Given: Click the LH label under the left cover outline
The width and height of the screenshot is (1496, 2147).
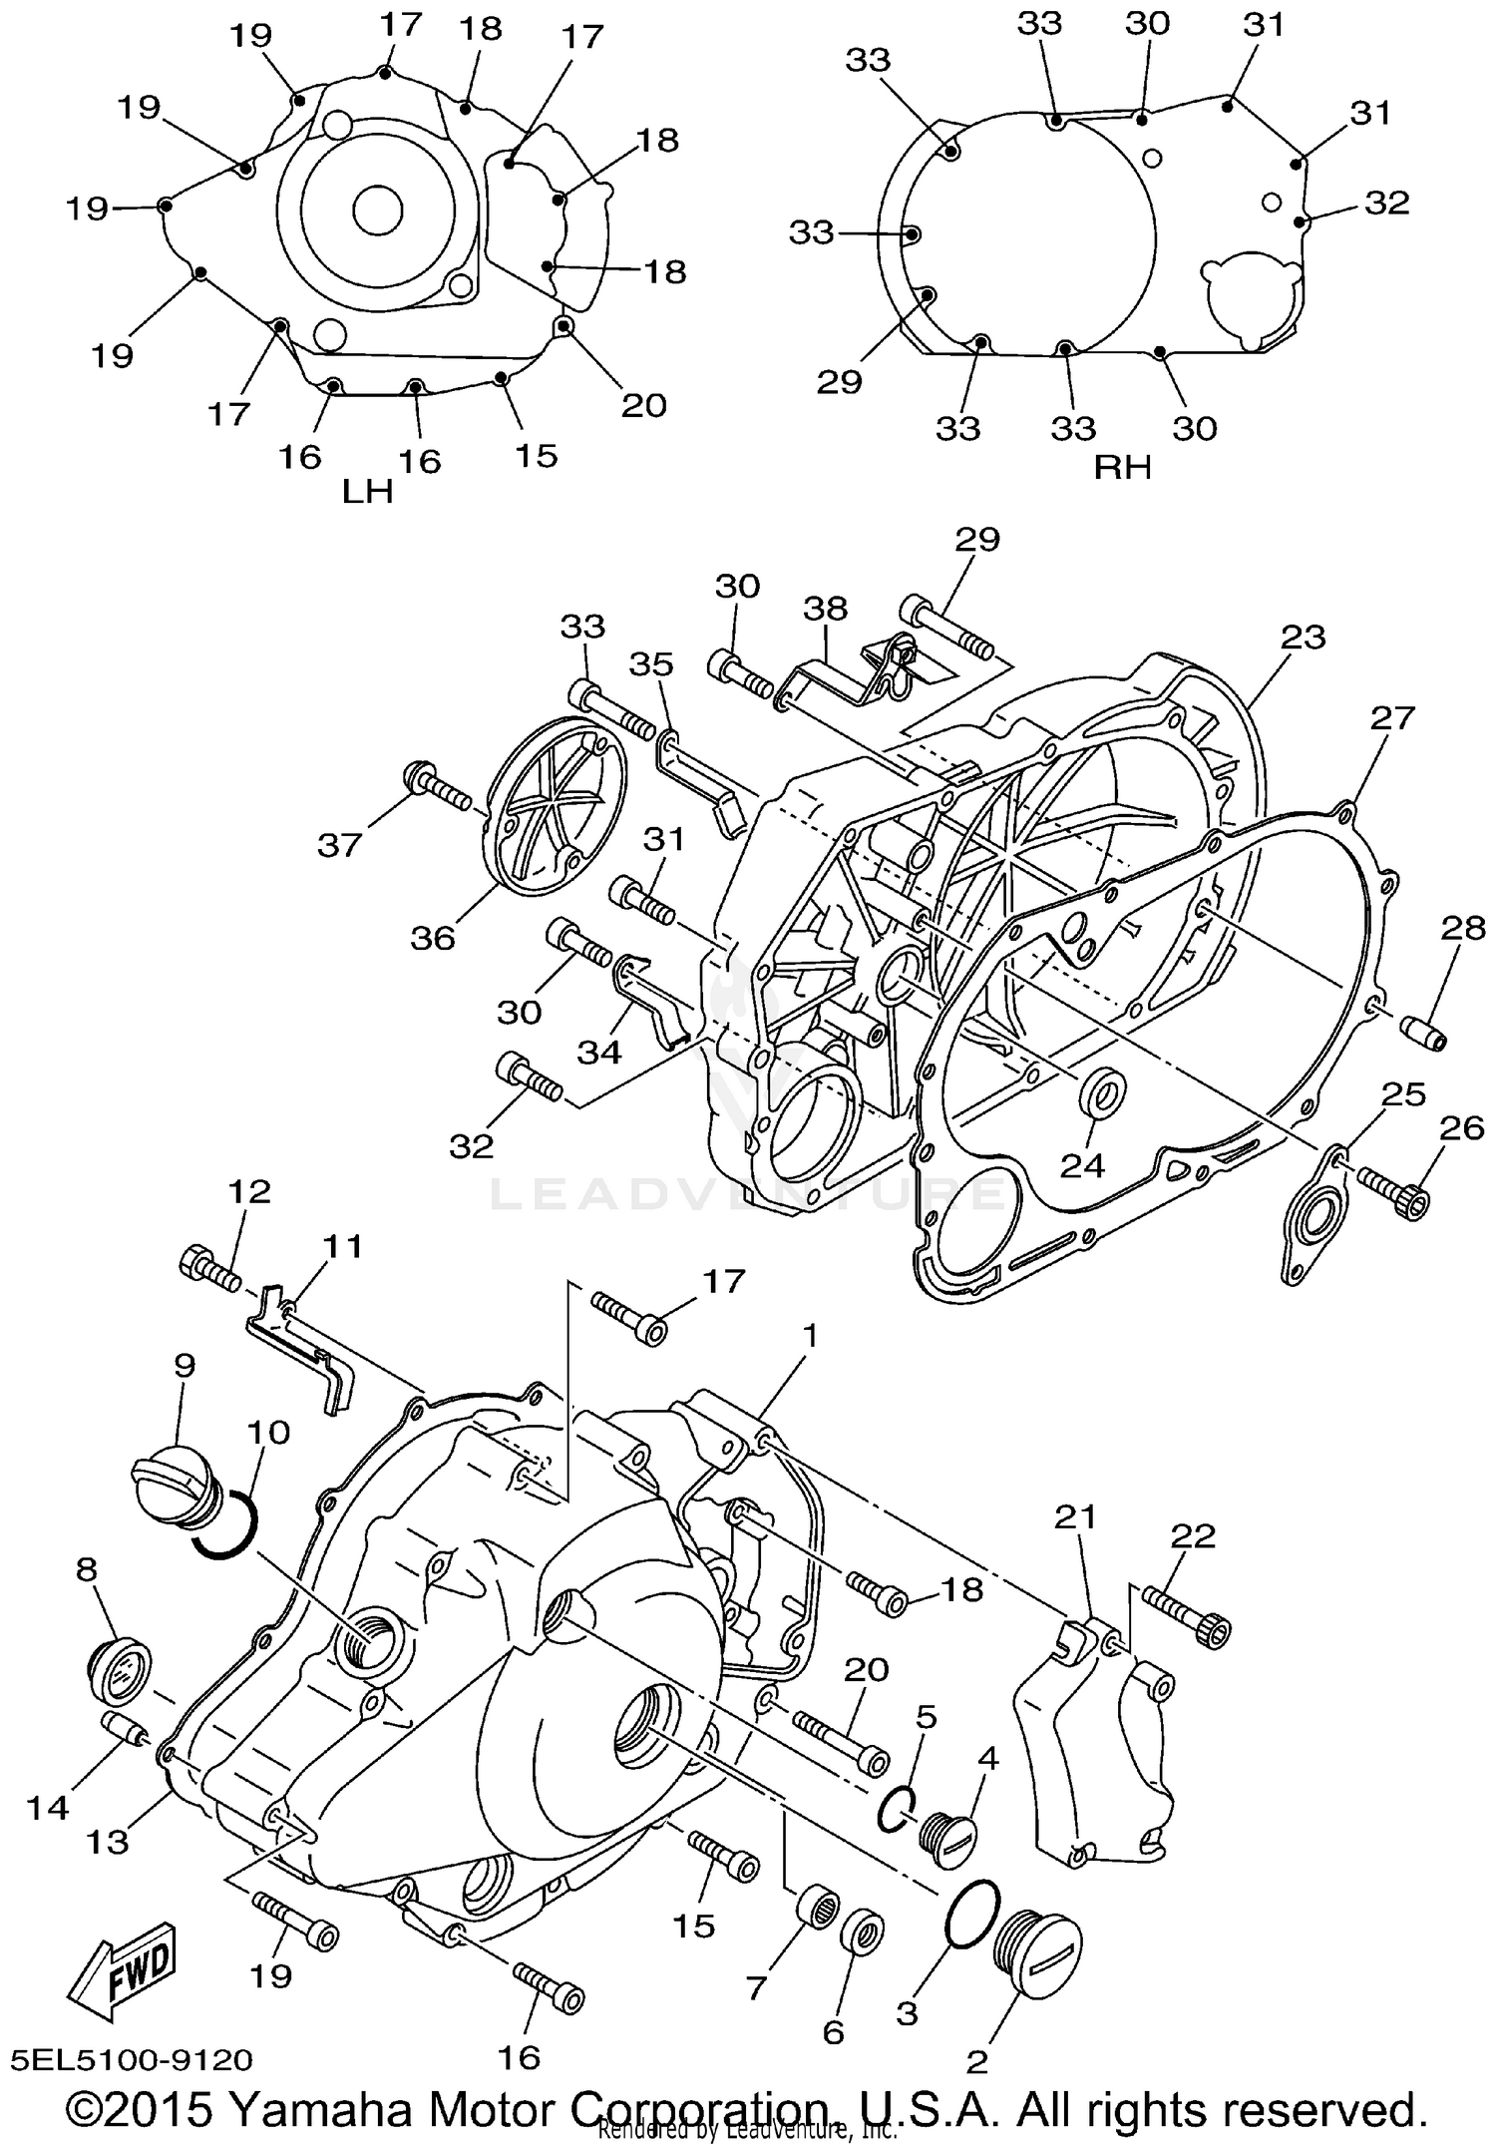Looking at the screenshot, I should (368, 492).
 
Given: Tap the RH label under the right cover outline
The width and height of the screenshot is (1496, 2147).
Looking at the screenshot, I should (1123, 467).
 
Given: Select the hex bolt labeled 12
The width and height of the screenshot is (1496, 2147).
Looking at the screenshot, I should (209, 1270).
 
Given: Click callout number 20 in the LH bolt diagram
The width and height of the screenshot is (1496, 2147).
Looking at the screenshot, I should (643, 405).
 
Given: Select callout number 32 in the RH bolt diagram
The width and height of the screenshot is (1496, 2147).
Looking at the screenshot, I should (1386, 203).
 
